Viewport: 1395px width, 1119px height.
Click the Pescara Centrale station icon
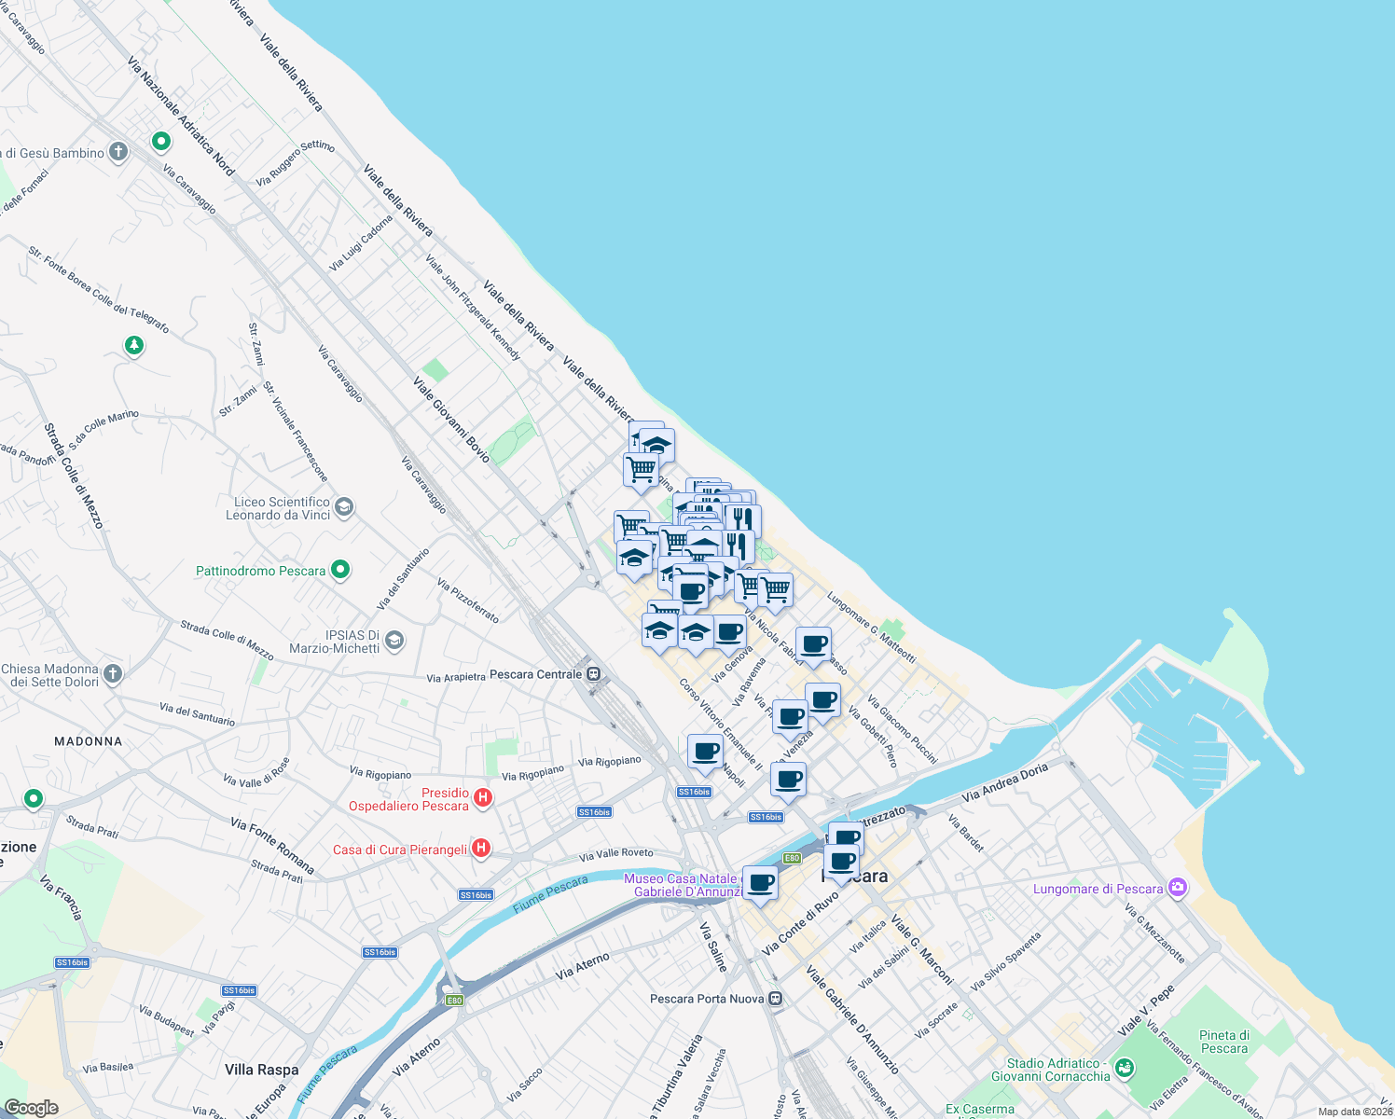coord(594,674)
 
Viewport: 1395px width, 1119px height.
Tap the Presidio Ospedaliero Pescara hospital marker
coord(483,797)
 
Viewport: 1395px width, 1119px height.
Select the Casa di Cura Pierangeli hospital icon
coord(481,849)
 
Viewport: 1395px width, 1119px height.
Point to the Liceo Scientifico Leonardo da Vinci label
coord(277,508)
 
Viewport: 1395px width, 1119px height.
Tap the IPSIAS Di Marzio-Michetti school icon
coord(395,640)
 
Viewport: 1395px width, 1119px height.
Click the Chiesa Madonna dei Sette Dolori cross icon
coord(113,674)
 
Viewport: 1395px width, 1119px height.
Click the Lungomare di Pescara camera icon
coord(1178,888)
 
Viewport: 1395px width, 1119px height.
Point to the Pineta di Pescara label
coord(1223,1042)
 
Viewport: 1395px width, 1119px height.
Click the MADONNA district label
coord(89,741)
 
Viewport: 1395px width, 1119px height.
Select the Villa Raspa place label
coord(261,1070)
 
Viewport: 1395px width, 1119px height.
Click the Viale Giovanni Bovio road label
coord(451,419)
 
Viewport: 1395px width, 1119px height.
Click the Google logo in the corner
coord(32,1108)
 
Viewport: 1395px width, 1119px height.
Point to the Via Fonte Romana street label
coord(272,846)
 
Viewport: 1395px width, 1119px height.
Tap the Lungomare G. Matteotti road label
coord(871,628)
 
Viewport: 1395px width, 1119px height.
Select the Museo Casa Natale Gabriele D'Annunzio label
coord(682,885)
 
